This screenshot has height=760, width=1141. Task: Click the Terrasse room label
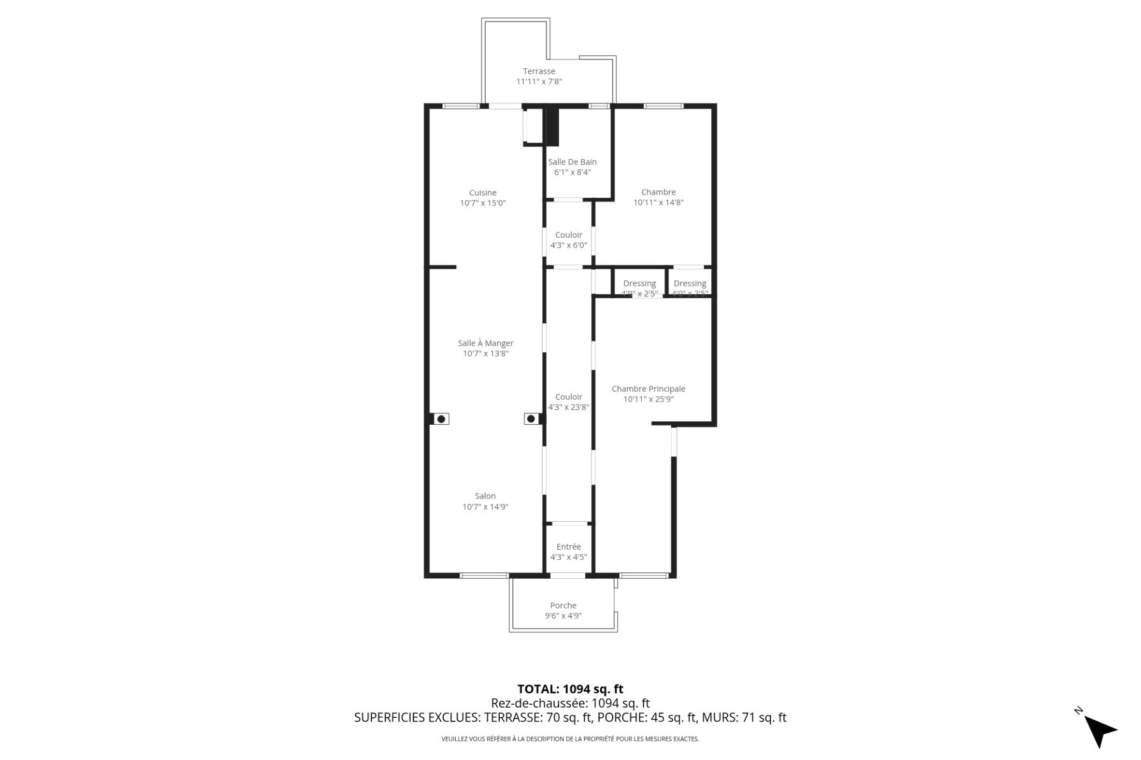pyautogui.click(x=538, y=71)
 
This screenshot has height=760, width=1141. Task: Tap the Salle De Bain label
pyautogui.click(x=572, y=162)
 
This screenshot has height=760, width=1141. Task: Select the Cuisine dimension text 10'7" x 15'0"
pyautogui.click(x=483, y=203)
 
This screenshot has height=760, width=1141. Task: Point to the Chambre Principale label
pyautogui.click(x=648, y=389)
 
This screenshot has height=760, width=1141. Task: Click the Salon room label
pyautogui.click(x=485, y=496)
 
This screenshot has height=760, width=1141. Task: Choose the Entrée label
pyautogui.click(x=569, y=547)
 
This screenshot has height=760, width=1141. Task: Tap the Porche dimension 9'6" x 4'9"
pyautogui.click(x=563, y=616)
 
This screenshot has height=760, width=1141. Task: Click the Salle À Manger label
pyautogui.click(x=486, y=343)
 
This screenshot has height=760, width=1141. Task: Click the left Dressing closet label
pyautogui.click(x=639, y=283)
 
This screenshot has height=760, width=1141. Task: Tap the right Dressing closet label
pyautogui.click(x=690, y=283)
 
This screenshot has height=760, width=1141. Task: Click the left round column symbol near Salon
pyautogui.click(x=441, y=419)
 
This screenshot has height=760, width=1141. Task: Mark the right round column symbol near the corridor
pyautogui.click(x=531, y=419)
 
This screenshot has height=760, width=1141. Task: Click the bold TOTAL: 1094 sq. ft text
pyautogui.click(x=570, y=689)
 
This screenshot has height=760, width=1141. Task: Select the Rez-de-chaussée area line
pyautogui.click(x=570, y=704)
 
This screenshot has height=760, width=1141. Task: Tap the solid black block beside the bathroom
pyautogui.click(x=553, y=126)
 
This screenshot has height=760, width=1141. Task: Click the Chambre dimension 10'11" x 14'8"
pyautogui.click(x=658, y=203)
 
